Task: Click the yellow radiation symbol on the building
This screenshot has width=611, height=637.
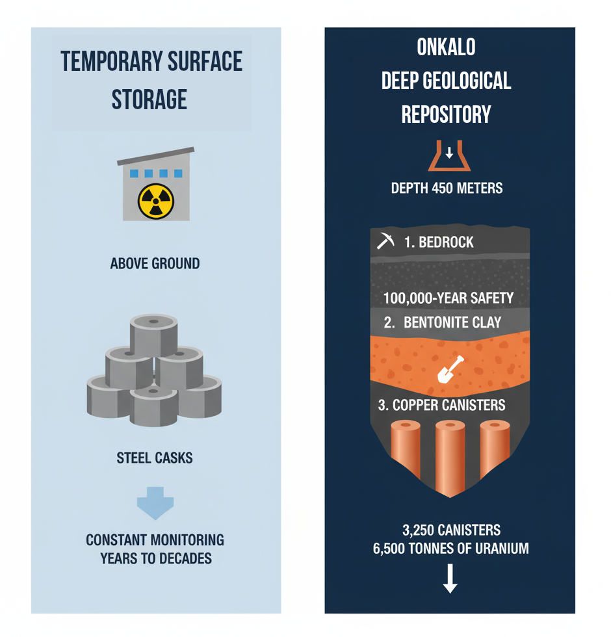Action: point(156,201)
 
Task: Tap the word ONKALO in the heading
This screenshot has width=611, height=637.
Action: point(446,47)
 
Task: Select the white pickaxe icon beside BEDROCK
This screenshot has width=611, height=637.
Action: point(385,240)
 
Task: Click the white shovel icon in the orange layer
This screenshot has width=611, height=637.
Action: point(450,369)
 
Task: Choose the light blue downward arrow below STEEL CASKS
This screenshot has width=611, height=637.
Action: point(155,503)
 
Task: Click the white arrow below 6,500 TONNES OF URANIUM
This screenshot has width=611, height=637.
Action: point(450,578)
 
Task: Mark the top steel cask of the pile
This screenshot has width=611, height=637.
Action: point(153,335)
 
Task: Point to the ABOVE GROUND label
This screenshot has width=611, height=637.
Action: point(155,264)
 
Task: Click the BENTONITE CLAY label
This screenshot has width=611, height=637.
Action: point(452,322)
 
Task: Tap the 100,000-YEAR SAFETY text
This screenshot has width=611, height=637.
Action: point(448,298)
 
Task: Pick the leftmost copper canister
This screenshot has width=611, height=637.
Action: point(406,450)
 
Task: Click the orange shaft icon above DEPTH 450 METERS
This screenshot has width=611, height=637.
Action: point(449,156)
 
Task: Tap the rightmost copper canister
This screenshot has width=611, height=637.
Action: point(495,450)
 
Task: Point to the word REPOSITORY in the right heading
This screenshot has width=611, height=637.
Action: point(446,114)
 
